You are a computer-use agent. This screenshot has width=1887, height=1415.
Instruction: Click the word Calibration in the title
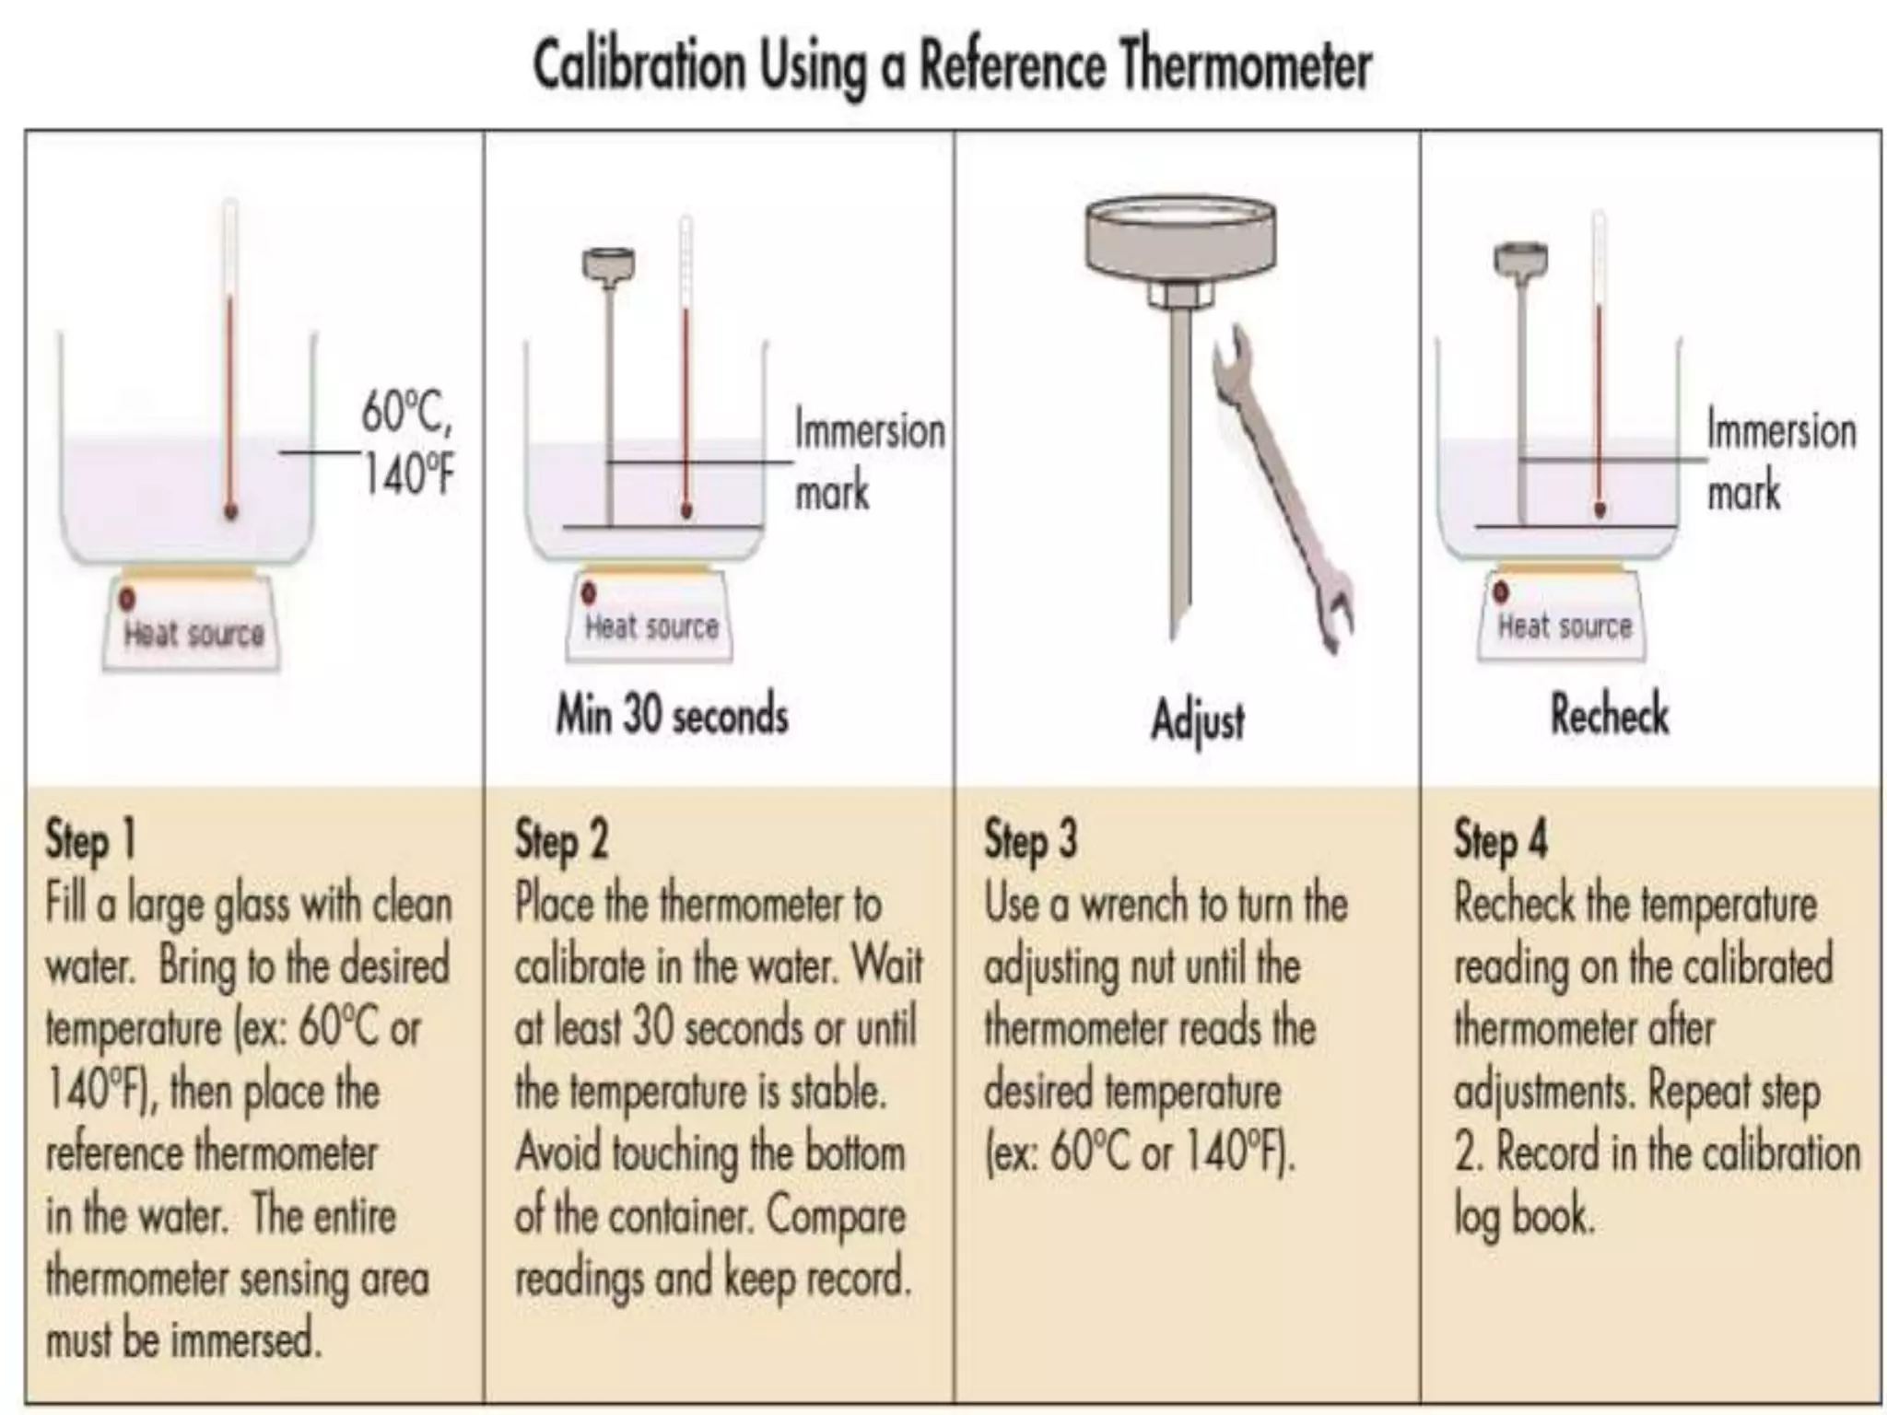(639, 65)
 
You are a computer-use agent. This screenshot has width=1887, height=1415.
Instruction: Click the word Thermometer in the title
(1247, 65)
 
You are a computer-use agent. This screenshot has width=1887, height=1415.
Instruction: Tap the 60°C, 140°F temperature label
(407, 443)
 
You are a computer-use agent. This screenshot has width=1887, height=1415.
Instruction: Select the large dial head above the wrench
(1180, 239)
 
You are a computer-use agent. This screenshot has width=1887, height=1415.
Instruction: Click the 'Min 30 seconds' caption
(672, 714)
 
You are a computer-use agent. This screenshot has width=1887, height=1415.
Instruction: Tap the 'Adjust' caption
(1198, 719)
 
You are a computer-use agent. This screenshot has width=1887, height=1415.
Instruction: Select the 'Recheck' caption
(1609, 714)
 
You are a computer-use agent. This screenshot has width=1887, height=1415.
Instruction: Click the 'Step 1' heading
(90, 840)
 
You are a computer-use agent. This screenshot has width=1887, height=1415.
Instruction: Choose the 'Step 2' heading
(561, 840)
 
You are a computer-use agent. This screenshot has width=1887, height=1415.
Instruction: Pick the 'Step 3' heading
(1031, 840)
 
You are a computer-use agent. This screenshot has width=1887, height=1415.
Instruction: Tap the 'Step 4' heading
(1501, 840)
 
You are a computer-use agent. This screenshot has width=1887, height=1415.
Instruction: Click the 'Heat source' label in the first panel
(194, 634)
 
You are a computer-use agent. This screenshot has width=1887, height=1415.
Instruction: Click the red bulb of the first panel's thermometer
(230, 509)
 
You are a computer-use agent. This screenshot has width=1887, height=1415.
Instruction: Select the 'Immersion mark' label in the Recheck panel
(1780, 460)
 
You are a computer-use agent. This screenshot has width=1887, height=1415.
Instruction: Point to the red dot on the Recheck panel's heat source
(1501, 591)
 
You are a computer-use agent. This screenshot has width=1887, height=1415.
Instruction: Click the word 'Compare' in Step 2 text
(836, 1216)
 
